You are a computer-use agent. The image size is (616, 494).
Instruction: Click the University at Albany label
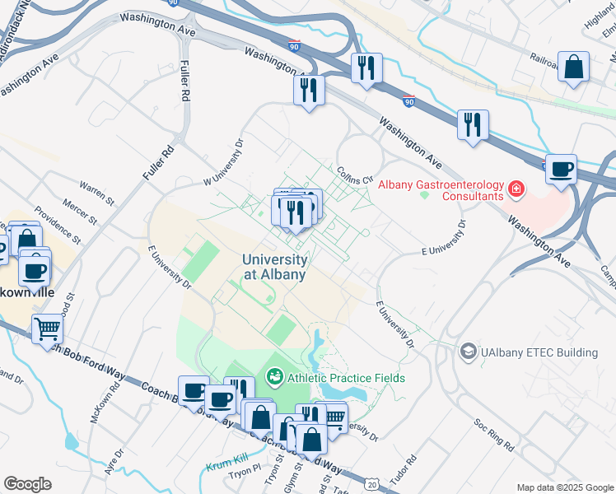coord(275,267)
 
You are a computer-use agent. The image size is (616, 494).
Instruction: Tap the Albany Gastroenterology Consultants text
coord(441,190)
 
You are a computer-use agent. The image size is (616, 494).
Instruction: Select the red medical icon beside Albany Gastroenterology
coord(516,190)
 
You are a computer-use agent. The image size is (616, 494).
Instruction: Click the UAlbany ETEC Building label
coord(539,352)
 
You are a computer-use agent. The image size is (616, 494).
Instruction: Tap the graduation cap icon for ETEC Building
coord(469,352)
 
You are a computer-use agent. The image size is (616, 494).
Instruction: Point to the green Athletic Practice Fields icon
coord(274,378)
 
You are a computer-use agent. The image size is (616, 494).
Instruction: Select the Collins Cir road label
coord(356,174)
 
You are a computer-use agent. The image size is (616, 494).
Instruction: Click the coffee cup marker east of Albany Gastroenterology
coord(561,170)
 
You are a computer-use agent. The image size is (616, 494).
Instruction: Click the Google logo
coord(27,484)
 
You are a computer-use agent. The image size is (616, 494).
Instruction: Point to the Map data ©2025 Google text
coord(564,487)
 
